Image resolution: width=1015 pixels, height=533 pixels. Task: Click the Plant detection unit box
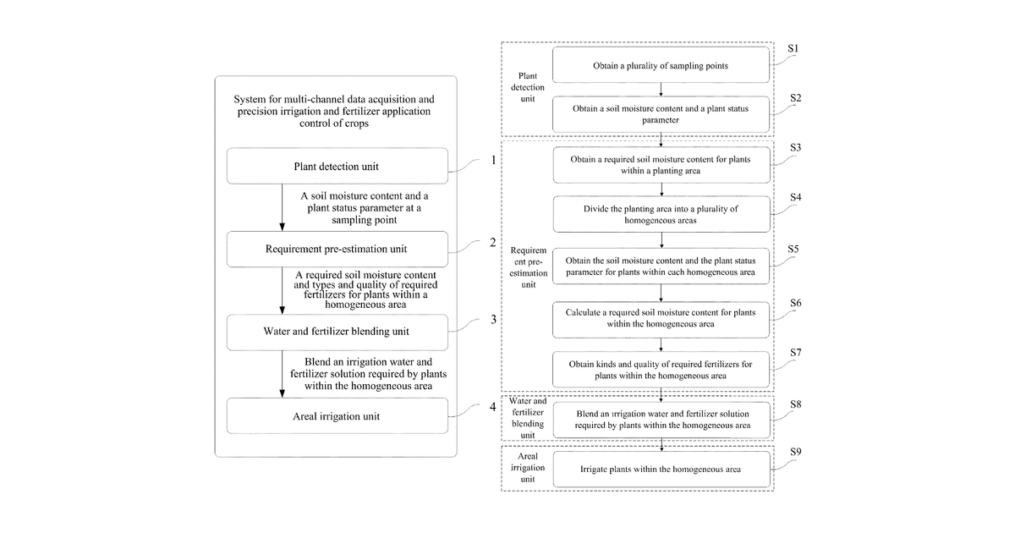point(337,166)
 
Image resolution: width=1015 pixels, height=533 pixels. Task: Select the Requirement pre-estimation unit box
point(337,249)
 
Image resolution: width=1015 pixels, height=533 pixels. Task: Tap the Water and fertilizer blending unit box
point(337,332)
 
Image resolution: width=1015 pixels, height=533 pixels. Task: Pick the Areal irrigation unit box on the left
point(337,415)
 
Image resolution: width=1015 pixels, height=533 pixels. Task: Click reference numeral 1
point(493,160)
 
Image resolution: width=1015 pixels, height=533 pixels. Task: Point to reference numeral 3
point(493,320)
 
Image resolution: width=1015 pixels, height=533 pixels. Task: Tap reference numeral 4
point(493,407)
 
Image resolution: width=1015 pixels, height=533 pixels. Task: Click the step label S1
point(793,48)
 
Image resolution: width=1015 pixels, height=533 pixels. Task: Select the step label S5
point(793,250)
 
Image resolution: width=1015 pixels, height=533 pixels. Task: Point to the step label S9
point(796,452)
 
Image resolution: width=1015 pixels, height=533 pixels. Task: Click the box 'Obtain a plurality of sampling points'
point(661,65)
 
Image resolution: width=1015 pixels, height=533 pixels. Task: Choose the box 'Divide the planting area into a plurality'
point(661,214)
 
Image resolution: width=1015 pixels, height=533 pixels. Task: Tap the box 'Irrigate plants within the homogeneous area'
point(661,469)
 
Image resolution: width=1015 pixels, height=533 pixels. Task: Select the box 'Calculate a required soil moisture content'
point(661,320)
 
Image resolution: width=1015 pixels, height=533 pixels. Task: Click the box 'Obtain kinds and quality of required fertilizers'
point(661,370)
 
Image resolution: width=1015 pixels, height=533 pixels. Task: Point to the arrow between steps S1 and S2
point(661,90)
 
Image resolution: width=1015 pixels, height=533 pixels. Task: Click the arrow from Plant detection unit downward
point(282,207)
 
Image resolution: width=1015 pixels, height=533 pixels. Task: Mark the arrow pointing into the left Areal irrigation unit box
point(282,374)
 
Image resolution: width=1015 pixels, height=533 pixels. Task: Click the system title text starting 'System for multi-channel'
point(334,111)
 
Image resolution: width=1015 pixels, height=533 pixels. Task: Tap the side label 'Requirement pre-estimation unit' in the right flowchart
point(529,267)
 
